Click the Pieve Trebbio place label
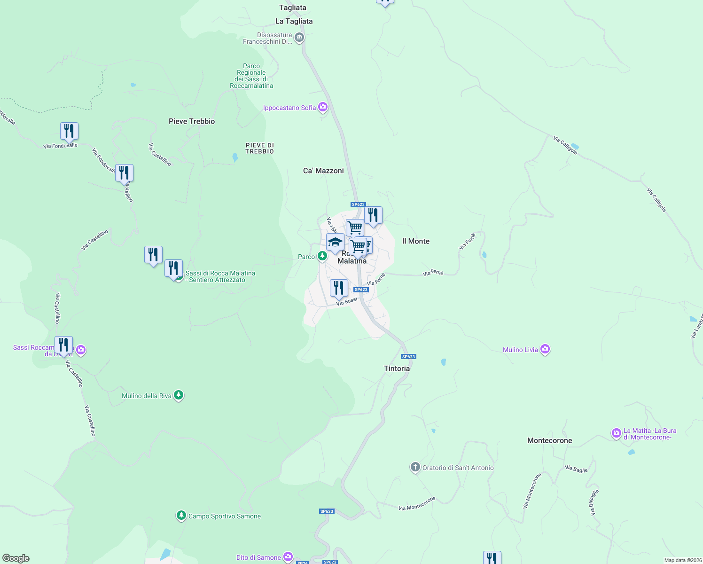coord(192,121)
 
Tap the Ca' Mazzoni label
coord(323,171)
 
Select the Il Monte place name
coord(416,241)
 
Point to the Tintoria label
coord(397,368)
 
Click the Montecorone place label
coord(549,440)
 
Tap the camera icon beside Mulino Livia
coord(545,349)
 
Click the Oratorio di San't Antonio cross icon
coord(415,467)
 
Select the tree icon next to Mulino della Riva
coord(178,395)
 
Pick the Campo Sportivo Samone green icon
coord(181,516)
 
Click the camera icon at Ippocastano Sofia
coord(322,108)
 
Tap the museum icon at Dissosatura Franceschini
coord(299,38)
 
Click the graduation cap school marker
coord(335,243)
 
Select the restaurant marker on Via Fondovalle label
coord(69,131)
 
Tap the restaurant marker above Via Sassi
coord(339,288)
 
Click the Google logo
coord(16,558)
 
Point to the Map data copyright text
coord(682,560)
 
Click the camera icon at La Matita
coord(616,433)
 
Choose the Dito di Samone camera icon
coord(288,557)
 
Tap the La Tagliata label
coord(294,21)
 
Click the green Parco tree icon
coord(322,256)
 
